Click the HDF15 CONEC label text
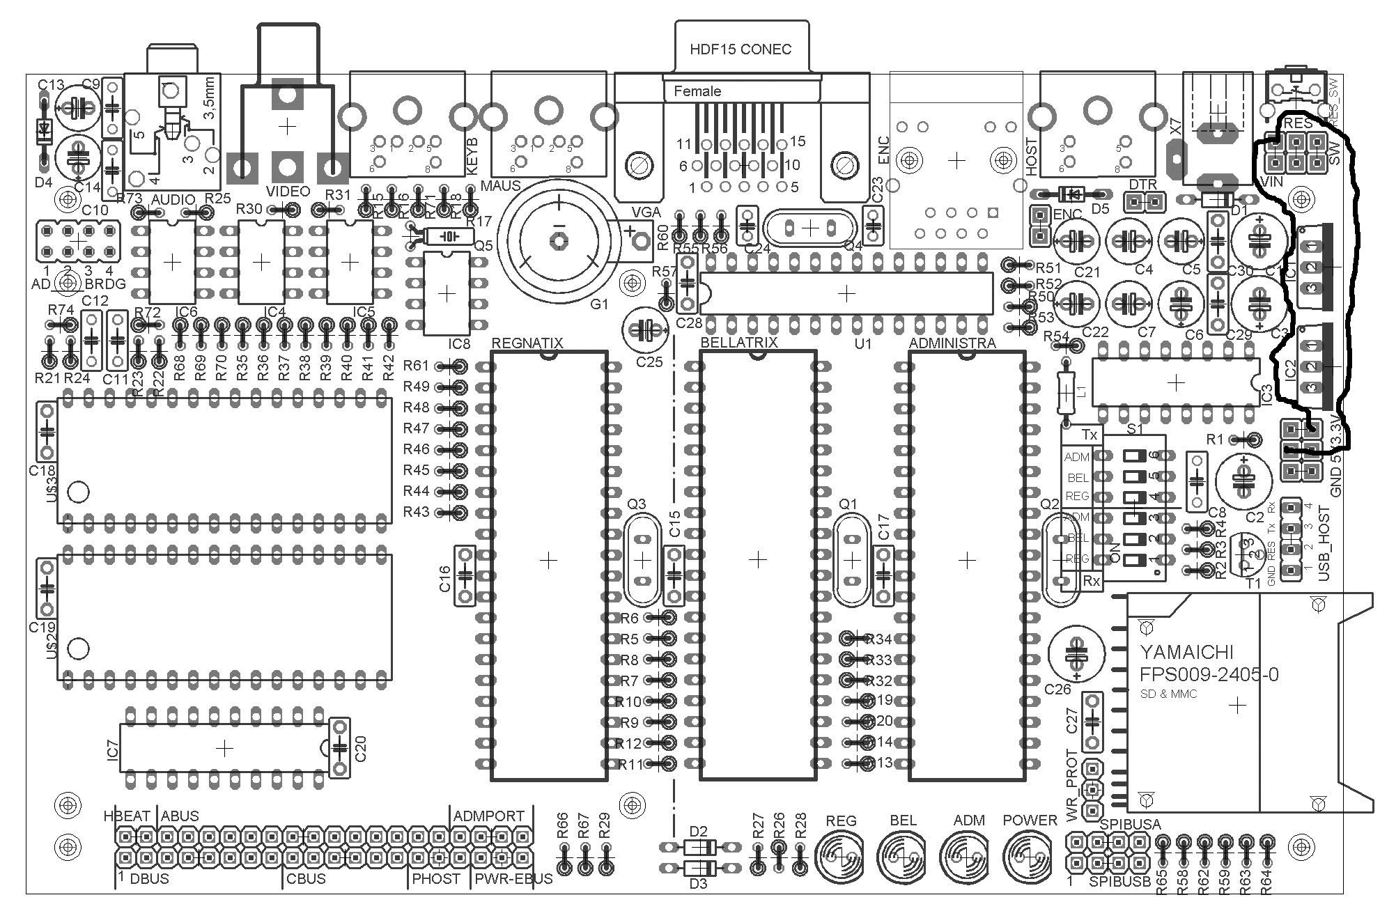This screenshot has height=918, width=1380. coord(740,49)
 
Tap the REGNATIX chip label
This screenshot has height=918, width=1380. coord(527,343)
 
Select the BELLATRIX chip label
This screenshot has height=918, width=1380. coord(738,343)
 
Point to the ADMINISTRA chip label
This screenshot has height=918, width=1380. coord(952,343)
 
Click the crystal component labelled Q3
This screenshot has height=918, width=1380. coord(642,559)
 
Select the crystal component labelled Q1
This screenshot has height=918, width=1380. coord(851,559)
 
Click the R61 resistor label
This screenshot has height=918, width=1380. coord(416,366)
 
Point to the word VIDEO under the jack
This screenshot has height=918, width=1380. coord(288,192)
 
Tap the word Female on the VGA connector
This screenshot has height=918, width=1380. coord(697,91)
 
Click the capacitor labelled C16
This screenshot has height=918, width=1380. coord(465,575)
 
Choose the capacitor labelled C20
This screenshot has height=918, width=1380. coord(339,747)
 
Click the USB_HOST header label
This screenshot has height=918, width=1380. coord(1324,543)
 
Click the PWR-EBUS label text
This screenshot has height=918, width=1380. coord(513,879)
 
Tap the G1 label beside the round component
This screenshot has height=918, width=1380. coord(599,304)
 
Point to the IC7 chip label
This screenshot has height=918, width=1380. coord(114,749)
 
